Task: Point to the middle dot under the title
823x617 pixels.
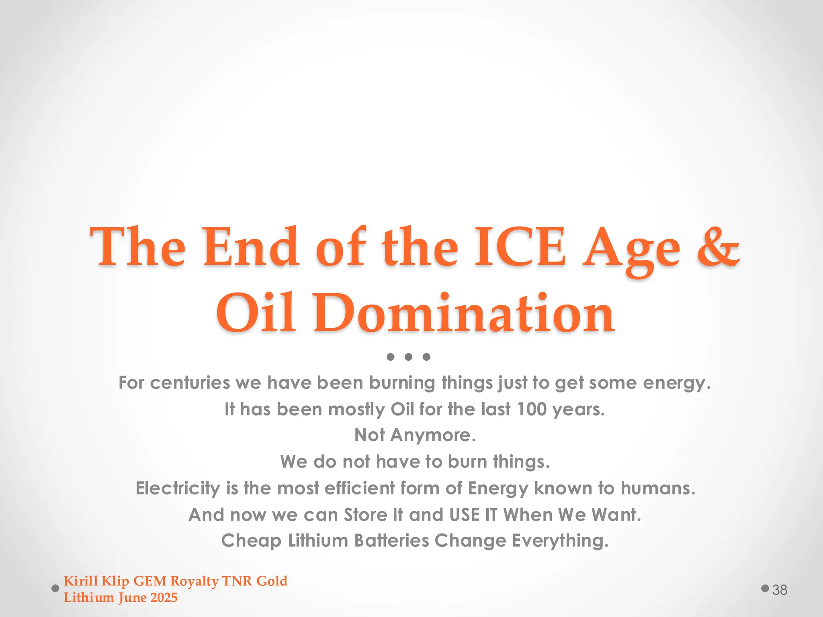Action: pyautogui.click(x=408, y=357)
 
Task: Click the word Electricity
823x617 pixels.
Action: pyautogui.click(x=178, y=488)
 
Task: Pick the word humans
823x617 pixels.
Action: pyautogui.click(x=657, y=488)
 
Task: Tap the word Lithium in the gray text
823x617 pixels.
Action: pyautogui.click(x=318, y=541)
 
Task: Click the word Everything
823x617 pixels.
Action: pyautogui.click(x=560, y=541)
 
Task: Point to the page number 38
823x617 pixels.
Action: pyautogui.click(x=780, y=590)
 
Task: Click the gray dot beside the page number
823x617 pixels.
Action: pyautogui.click(x=765, y=588)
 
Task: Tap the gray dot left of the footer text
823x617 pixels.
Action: pyautogui.click(x=55, y=588)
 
